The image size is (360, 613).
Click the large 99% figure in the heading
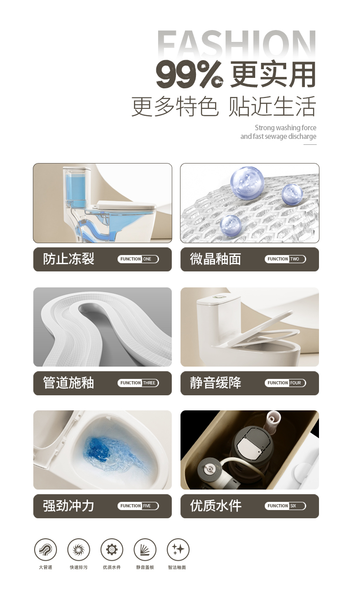click(190, 74)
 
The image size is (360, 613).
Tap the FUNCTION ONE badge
click(138, 259)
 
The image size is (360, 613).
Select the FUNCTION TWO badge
click(285, 259)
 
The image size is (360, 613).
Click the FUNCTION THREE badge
click(138, 383)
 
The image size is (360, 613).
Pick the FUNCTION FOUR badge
click(285, 383)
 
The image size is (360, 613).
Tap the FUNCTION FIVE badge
click(138, 506)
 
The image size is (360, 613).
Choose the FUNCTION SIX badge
click(285, 506)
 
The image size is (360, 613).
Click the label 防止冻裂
click(68, 259)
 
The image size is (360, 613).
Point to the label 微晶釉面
click(216, 259)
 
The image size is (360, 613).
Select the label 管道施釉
click(68, 383)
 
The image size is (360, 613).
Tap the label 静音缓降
click(216, 383)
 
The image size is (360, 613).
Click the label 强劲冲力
click(68, 506)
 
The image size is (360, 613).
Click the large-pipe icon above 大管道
click(46, 550)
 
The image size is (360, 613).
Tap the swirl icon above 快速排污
click(78, 550)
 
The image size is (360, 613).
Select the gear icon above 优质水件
click(112, 550)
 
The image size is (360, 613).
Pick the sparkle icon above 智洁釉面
click(178, 550)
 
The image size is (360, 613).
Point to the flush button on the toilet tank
click(219, 296)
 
